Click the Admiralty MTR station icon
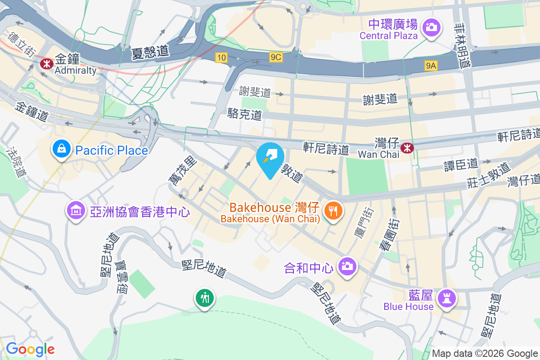45,64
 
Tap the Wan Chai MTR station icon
407,147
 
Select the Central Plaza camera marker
431,27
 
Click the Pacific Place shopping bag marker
60,148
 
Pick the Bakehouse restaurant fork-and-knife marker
333,211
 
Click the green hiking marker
205,298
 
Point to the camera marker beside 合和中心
346,266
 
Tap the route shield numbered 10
220,57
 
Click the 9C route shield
276,57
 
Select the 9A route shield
431,66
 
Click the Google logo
30,349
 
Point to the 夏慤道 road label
150,53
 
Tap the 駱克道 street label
245,114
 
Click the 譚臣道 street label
461,164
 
